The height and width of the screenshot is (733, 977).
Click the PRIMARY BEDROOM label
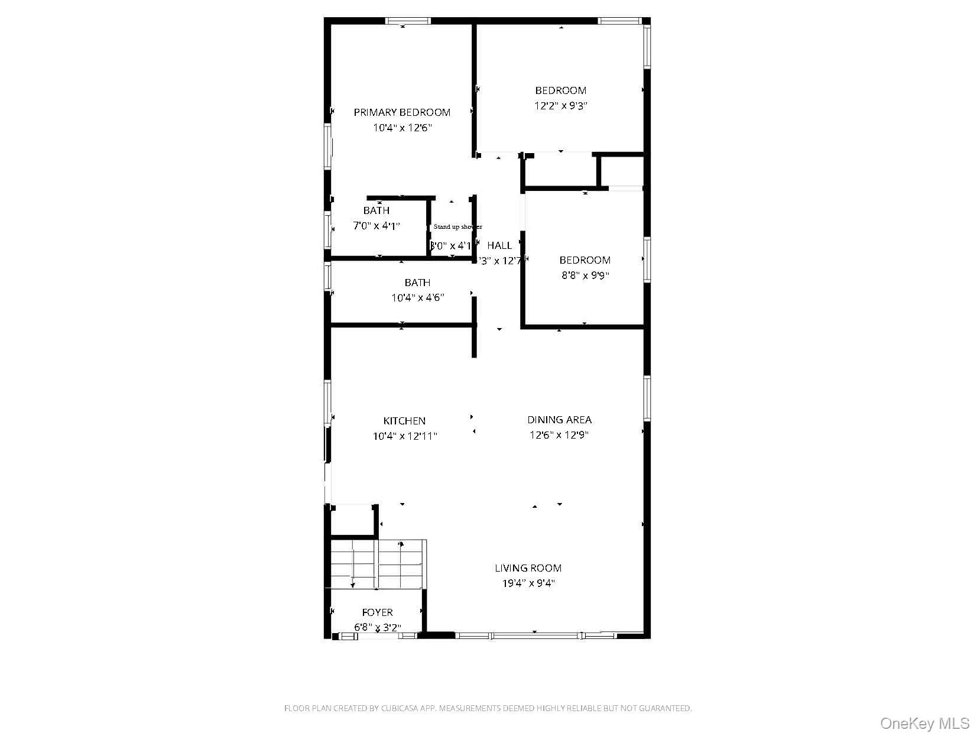402,112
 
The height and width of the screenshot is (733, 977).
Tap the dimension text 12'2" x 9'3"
561,106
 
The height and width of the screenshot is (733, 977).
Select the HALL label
499,245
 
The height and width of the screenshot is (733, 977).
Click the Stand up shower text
457,227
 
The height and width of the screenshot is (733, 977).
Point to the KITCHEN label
404,421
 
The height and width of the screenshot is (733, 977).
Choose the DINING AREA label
559,420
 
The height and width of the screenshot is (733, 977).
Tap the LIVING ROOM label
528,568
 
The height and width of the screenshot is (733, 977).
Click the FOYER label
377,612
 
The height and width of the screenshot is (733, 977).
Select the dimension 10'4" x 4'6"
417,298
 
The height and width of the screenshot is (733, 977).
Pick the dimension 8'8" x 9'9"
585,275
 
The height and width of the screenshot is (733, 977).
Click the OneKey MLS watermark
924,723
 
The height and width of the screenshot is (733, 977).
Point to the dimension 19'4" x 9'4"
528,583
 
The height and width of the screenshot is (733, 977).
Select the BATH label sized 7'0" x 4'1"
376,210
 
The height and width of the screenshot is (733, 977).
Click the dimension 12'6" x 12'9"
559,435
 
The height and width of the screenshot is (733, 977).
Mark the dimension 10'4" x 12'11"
404,436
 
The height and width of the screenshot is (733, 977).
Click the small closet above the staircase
353,521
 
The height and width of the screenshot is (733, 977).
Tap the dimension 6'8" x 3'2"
377,628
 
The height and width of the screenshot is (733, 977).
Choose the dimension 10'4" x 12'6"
402,128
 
